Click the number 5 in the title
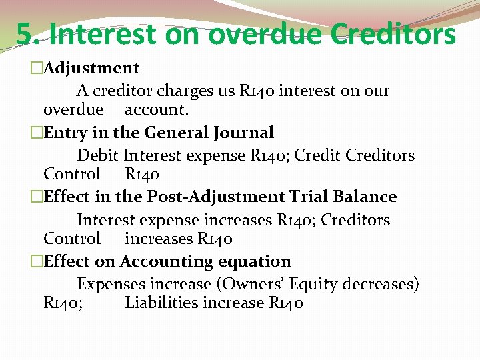tap(25, 34)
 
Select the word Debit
tap(98, 156)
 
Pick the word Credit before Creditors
tap(317, 156)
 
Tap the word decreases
tap(380, 284)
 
